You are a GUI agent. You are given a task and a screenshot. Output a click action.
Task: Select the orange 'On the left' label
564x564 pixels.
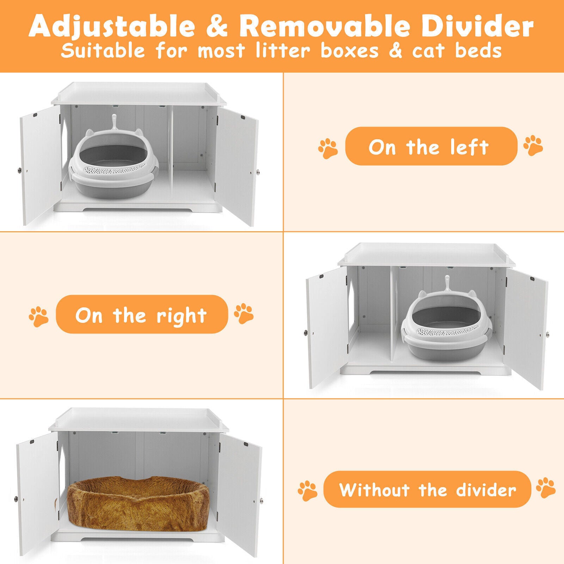(431, 146)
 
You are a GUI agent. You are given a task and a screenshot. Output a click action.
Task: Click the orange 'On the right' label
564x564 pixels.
(142, 314)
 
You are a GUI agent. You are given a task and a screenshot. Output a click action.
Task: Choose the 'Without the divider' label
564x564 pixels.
(427, 489)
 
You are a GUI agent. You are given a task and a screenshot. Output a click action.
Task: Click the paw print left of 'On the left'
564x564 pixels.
(328, 148)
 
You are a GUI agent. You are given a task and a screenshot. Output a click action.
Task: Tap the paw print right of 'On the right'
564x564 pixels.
(244, 313)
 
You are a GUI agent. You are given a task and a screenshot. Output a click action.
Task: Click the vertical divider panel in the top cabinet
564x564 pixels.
(171, 156)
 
